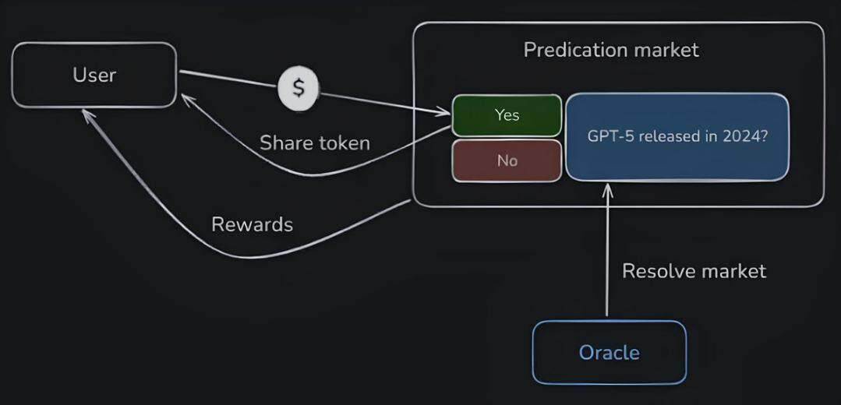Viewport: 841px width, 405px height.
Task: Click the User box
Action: coord(94,75)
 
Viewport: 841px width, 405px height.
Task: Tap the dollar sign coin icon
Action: coord(299,87)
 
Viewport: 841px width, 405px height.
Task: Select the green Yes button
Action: coord(507,115)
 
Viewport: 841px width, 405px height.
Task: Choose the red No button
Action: coord(507,161)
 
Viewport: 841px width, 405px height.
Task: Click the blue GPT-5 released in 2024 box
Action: coord(677,136)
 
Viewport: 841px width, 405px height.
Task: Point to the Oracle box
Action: coord(609,353)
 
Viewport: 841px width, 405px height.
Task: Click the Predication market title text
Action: coord(611,50)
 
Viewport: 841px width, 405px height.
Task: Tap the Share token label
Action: coord(314,143)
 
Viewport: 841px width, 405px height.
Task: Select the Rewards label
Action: coord(252,224)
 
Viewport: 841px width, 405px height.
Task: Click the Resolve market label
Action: coord(694,271)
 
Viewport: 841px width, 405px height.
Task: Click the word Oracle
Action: coord(609,353)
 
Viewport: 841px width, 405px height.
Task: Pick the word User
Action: coord(94,75)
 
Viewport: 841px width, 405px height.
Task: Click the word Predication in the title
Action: coord(577,50)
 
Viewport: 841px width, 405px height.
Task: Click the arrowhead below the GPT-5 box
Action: coord(608,188)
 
